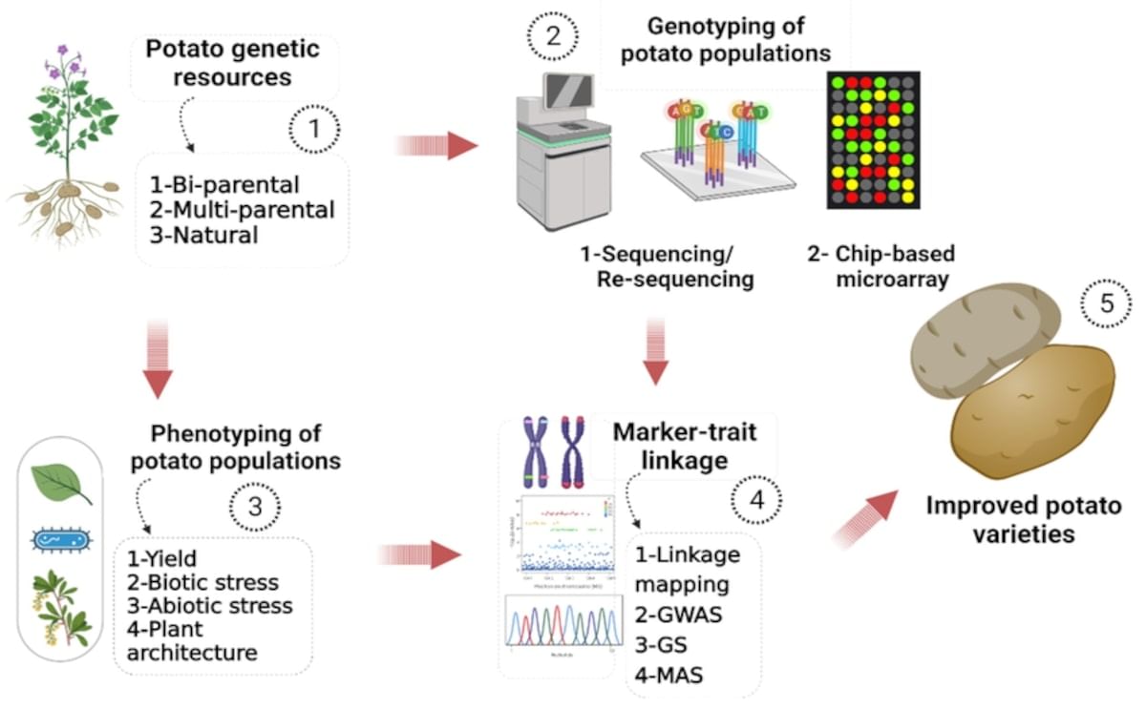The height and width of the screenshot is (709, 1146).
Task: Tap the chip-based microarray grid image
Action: [x=873, y=139]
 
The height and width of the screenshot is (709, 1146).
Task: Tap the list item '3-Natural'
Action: [x=204, y=234]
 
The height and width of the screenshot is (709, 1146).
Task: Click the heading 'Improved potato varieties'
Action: [x=1023, y=518]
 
